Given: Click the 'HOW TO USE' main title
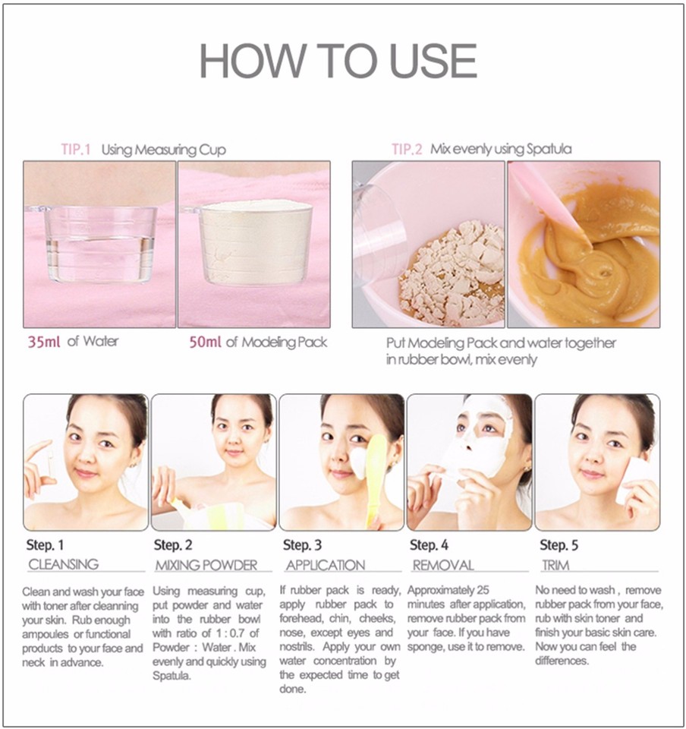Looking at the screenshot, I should (x=338, y=61).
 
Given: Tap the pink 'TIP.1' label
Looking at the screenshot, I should (x=76, y=149).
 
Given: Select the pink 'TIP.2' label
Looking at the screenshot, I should (x=407, y=149).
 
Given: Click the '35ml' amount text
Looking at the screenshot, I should (x=43, y=342).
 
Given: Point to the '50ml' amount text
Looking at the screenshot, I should (x=205, y=342).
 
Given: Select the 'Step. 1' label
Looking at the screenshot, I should (x=46, y=544).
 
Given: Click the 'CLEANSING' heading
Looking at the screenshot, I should (x=64, y=564).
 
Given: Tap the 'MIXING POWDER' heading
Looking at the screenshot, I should (x=206, y=565).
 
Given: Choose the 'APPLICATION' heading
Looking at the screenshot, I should (x=326, y=565).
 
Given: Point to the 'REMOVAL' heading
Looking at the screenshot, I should (x=443, y=565).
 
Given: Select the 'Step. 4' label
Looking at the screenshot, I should (x=429, y=544).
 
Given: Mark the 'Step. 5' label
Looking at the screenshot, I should (x=559, y=544).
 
